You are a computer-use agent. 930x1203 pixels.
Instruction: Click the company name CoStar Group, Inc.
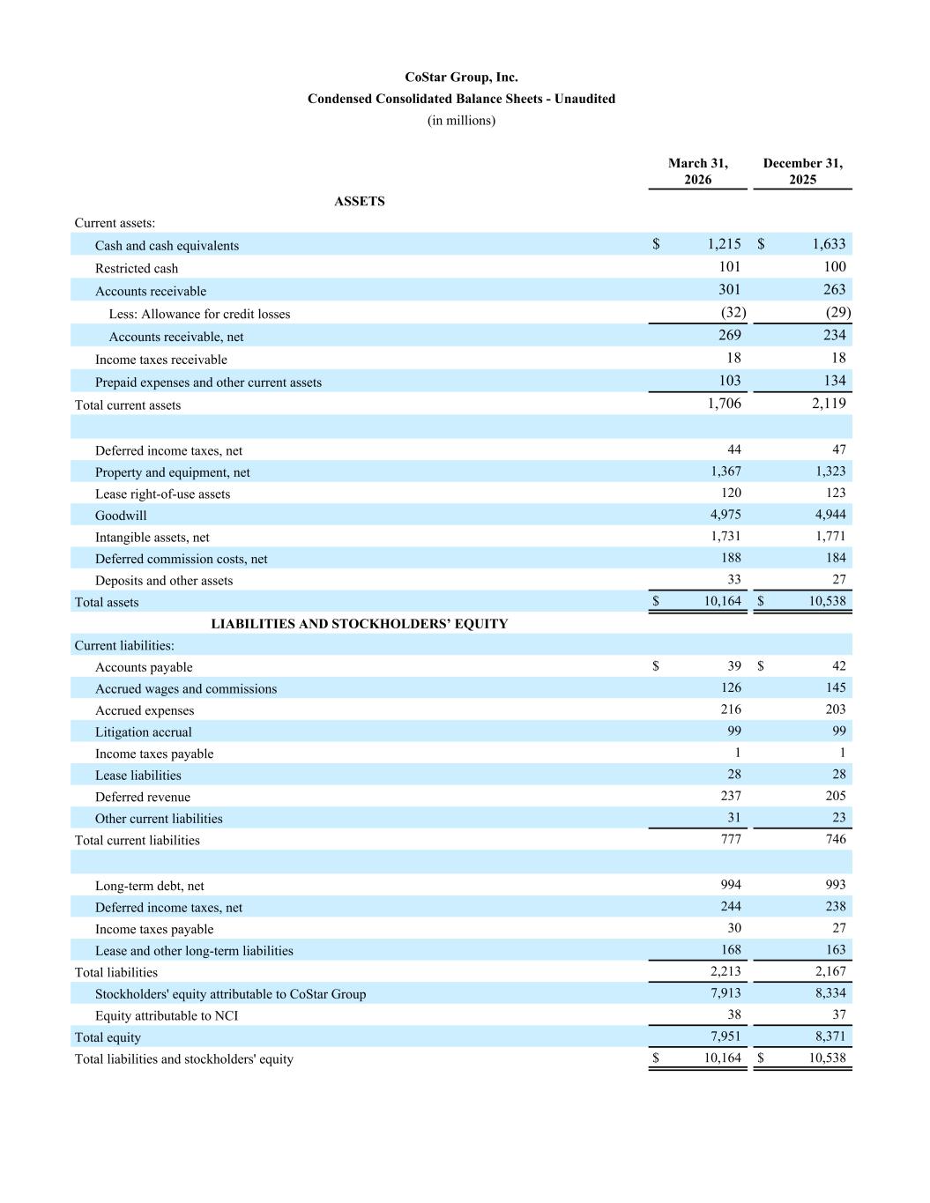[461, 78]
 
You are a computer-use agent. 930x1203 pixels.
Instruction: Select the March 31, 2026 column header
[697, 171]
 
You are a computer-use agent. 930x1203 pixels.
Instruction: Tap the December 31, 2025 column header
[802, 171]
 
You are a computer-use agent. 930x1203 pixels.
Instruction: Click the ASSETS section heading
[359, 201]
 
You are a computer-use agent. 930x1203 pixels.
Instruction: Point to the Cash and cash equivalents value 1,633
[829, 244]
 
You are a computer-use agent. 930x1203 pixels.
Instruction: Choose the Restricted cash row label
[137, 269]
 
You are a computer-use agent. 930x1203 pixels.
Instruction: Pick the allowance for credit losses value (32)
[733, 312]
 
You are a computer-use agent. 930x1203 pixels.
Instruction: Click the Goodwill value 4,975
[725, 515]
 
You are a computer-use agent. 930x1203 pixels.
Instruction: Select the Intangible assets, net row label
[153, 538]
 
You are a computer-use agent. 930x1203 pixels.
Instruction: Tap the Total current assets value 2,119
[829, 404]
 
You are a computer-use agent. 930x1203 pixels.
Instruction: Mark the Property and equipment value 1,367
[725, 472]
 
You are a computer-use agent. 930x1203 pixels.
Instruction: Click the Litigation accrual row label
[143, 732]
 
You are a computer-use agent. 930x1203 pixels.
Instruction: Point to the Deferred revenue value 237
[731, 796]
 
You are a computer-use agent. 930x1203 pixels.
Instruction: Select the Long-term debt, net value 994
[731, 885]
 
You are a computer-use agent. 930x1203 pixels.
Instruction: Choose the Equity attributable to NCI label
[167, 1016]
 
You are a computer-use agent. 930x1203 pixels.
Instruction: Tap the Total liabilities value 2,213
[725, 971]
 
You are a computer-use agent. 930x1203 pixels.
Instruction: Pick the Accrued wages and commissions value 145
[836, 687]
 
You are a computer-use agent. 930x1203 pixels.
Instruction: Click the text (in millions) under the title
[461, 121]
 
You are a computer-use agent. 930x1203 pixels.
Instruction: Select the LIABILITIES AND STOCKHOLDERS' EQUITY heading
[359, 624]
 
